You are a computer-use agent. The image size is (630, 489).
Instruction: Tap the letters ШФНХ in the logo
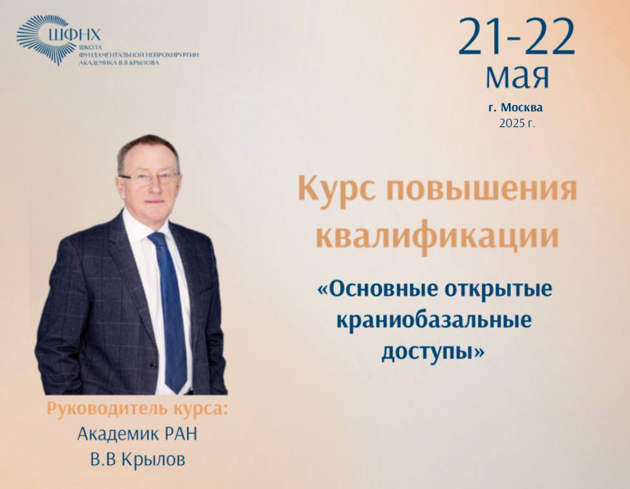pos(75,34)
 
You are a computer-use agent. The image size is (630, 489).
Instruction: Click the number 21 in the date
pos(481,37)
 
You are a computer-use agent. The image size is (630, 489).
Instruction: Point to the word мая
pos(517,76)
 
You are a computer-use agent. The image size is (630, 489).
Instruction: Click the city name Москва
pos(522,107)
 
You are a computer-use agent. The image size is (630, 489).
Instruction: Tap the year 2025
pos(512,123)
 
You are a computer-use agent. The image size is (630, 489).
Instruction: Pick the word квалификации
pos(437,235)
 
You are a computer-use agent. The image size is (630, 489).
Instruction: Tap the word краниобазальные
pos(434,320)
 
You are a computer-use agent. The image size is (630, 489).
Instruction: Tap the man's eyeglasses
pos(149,178)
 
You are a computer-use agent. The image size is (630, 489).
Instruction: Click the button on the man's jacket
pos(153,364)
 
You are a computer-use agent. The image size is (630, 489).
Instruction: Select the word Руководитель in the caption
pos(107,409)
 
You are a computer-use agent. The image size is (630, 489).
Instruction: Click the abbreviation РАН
pos(180,434)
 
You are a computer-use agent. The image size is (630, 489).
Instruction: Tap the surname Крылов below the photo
pos(153,460)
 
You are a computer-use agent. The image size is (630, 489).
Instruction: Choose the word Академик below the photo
pos(118,434)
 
